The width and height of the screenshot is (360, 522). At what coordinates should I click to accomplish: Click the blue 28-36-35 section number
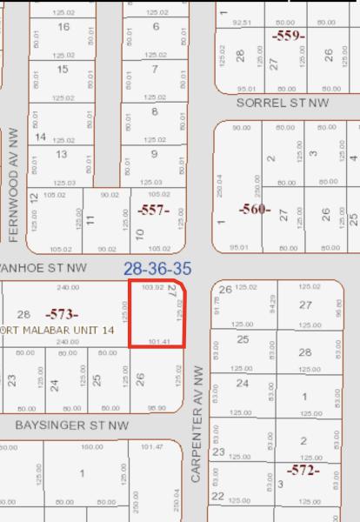[157, 269]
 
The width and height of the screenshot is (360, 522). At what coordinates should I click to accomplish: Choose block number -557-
[152, 210]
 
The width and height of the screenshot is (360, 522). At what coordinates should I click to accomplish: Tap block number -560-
[255, 209]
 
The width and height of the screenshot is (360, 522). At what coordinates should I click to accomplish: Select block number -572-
[303, 471]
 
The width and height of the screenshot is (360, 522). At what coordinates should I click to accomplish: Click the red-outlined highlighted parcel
[157, 314]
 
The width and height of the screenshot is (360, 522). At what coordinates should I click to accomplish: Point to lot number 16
[63, 27]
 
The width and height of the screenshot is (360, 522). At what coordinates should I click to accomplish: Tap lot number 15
[63, 70]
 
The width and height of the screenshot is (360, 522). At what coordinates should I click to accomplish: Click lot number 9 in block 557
[155, 155]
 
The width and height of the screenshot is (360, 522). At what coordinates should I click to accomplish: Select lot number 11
[90, 220]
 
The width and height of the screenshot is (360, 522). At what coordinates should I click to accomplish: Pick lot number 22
[217, 496]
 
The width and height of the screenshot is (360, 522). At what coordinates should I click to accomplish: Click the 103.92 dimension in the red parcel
[152, 287]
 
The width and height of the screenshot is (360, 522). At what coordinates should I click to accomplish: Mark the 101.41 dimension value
[159, 342]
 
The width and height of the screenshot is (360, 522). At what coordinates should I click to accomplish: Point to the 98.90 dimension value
[157, 407]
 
